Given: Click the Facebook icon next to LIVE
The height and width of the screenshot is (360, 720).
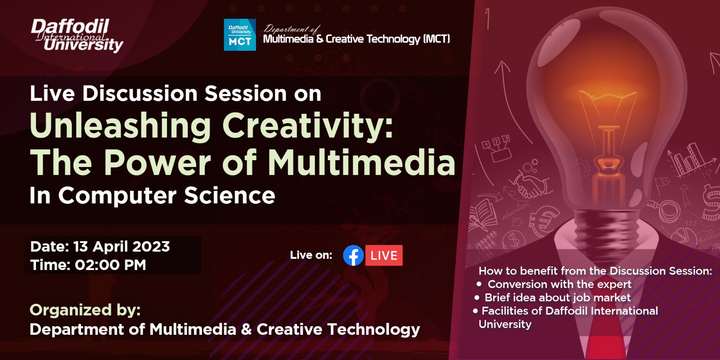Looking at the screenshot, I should pyautogui.click(x=353, y=256).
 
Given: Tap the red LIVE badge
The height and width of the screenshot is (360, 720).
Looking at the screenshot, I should pyautogui.click(x=384, y=256).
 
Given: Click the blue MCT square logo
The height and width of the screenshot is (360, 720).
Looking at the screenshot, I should pyautogui.click(x=240, y=35).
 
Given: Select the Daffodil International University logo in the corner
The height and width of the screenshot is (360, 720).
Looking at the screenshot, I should pyautogui.click(x=77, y=35).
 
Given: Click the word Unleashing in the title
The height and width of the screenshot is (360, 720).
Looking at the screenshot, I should pyautogui.click(x=121, y=126).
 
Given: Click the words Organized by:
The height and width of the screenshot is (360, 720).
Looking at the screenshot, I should pyautogui.click(x=85, y=310).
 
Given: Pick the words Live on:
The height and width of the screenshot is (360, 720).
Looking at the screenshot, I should pyautogui.click(x=311, y=255).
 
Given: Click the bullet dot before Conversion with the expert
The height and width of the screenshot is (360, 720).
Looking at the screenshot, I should pyautogui.click(x=479, y=284).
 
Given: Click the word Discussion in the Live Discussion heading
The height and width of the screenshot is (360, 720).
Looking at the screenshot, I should pyautogui.click(x=140, y=94).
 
